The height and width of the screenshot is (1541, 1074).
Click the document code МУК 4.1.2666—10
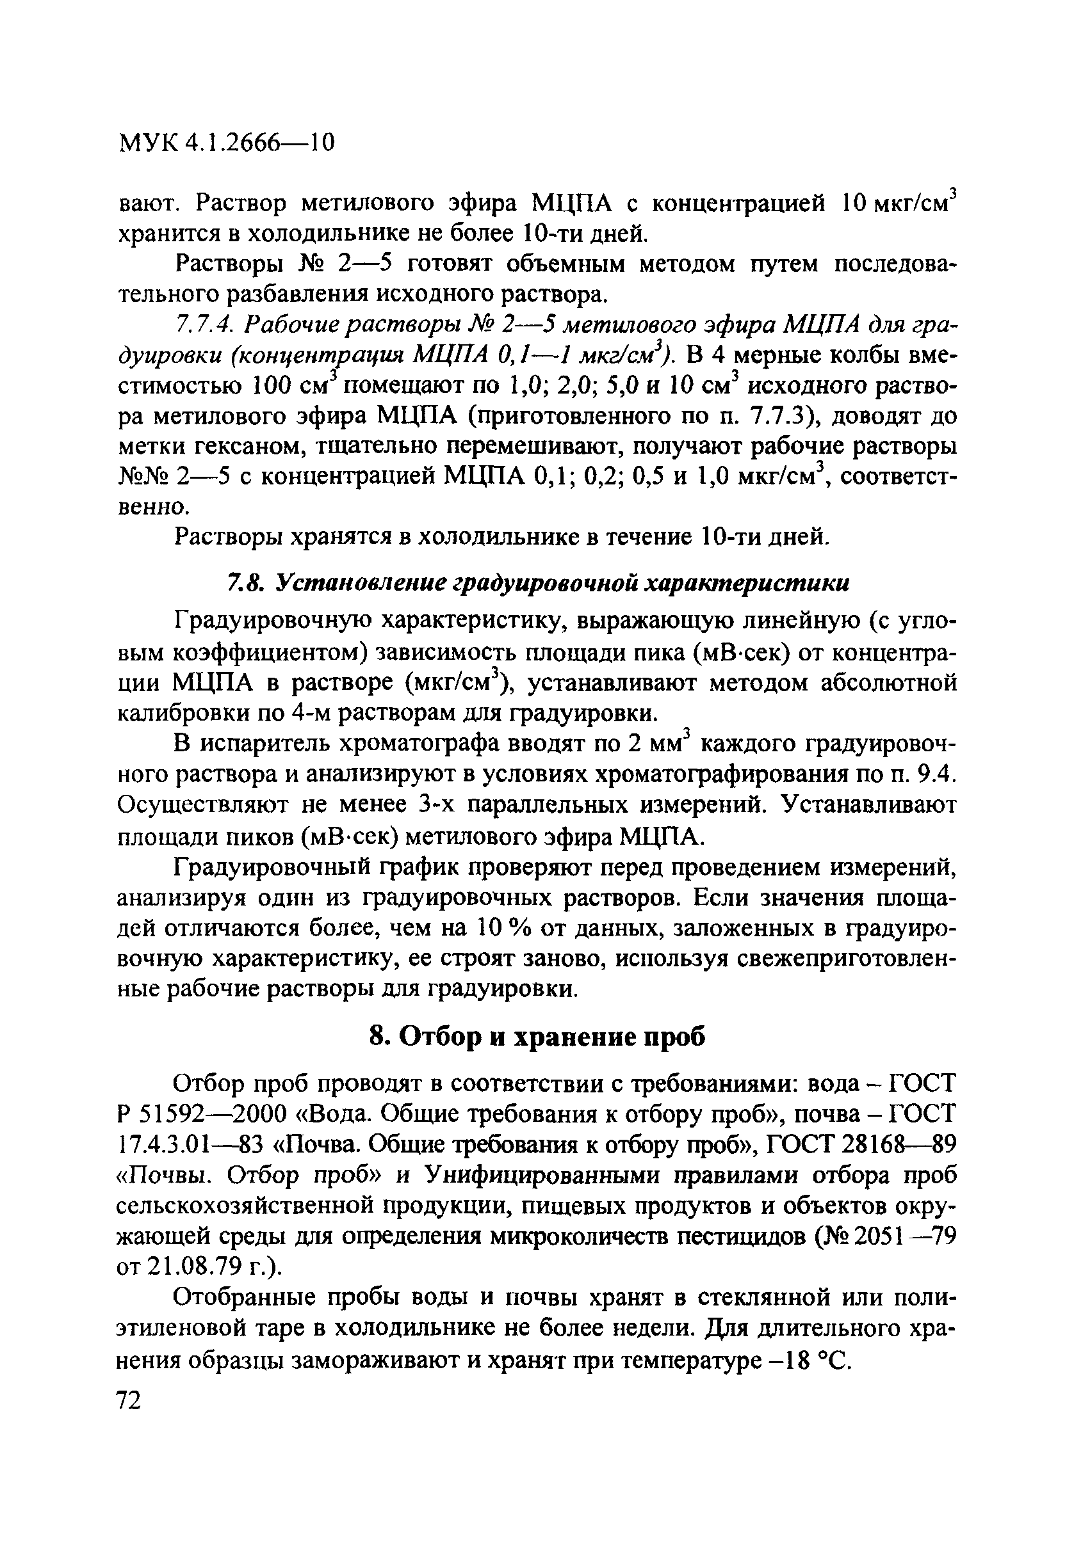[x=225, y=143]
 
